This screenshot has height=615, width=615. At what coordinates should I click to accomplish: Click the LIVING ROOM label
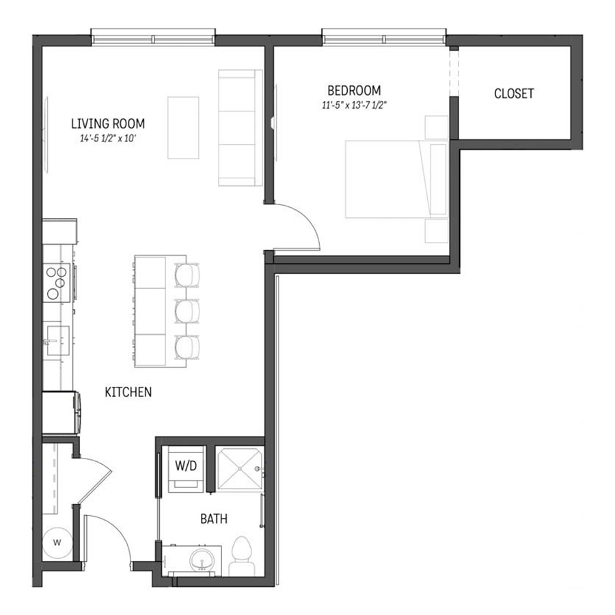(x=108, y=124)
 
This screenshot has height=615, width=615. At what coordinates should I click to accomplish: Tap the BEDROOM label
(x=354, y=91)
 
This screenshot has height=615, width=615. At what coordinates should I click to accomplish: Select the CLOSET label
(x=514, y=94)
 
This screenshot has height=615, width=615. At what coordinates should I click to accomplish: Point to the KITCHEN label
(x=128, y=392)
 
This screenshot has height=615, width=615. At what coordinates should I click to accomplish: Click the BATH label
(x=214, y=519)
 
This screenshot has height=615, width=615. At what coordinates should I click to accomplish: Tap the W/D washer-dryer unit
(x=187, y=469)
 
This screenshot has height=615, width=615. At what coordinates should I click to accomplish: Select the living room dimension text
(x=108, y=139)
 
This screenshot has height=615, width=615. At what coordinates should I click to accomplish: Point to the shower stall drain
(x=240, y=469)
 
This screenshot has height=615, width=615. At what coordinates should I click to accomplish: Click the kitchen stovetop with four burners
(x=57, y=282)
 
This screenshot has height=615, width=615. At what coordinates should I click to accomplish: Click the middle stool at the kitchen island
(x=187, y=312)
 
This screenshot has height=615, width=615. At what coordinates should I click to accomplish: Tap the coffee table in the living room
(x=183, y=128)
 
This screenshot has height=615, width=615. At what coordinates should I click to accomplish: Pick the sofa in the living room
(x=241, y=128)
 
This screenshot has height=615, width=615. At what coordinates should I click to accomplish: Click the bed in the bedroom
(x=396, y=179)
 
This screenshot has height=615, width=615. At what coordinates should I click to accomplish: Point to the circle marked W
(x=57, y=543)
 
